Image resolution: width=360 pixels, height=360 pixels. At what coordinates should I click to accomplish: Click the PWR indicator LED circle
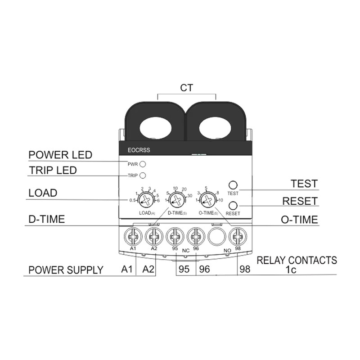coord(143,164)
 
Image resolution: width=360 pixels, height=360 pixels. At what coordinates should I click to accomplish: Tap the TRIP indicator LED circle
coord(143,175)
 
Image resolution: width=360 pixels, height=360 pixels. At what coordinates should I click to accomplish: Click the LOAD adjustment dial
coord(146,200)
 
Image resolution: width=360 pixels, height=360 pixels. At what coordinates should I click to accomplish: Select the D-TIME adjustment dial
coord(177,200)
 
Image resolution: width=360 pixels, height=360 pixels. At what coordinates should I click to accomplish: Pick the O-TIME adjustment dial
coord(208,200)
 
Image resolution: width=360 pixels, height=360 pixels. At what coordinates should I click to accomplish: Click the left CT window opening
coord(156,127)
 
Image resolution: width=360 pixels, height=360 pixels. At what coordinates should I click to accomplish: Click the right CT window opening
coord(215,127)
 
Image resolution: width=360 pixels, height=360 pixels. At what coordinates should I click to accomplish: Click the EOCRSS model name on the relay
coord(139,150)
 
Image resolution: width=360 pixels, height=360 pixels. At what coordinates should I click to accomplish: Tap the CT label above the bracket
coord(187,88)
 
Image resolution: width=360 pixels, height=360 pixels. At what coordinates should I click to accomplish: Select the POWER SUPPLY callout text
coord(66,270)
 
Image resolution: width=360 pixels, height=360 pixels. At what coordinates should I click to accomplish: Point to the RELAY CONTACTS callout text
coord(297,261)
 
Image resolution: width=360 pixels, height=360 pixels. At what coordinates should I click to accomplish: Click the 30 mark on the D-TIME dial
coord(189,196)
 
